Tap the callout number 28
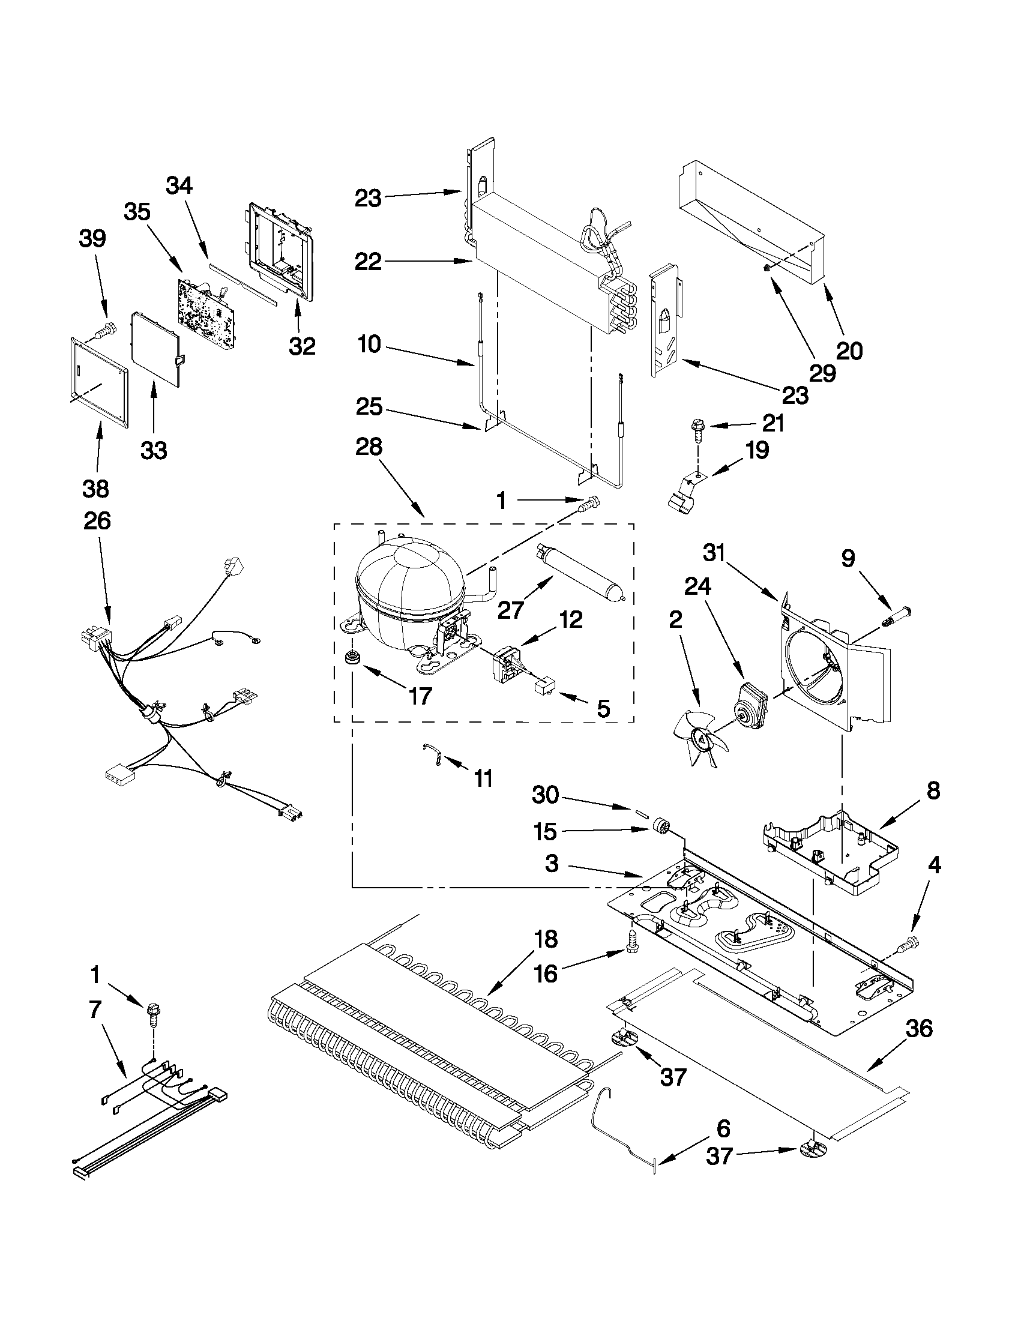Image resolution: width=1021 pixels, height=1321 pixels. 369,447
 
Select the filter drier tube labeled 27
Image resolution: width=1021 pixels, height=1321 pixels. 577,571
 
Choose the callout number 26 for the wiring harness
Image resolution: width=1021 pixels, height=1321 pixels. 97,520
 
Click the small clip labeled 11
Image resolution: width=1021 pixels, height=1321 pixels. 433,756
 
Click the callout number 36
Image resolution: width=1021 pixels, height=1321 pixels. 918,1028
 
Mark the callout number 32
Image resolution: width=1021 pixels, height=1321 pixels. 302,346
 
